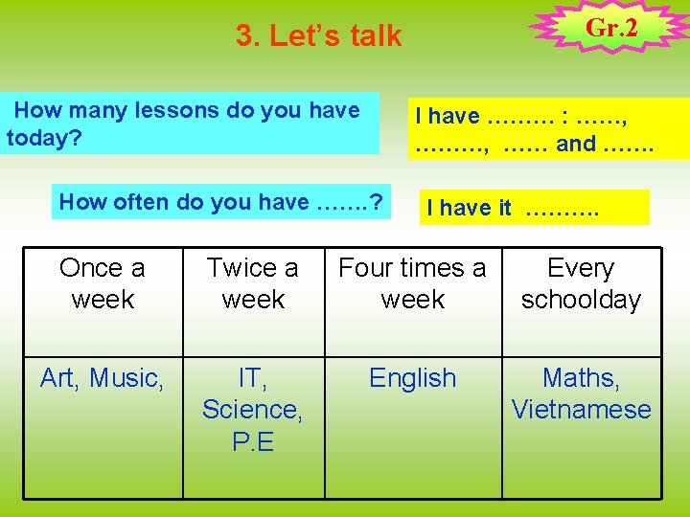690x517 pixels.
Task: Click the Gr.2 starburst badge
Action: (x=610, y=29)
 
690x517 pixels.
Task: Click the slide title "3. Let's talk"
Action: (x=318, y=36)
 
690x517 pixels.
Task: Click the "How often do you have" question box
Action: (x=221, y=202)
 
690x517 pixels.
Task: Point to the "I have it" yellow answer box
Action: (x=533, y=208)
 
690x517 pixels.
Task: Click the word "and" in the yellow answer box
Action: (x=576, y=144)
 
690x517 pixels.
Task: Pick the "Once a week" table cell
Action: (x=103, y=284)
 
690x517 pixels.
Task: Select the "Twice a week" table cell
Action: (x=253, y=284)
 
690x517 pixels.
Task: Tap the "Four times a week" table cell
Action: (x=413, y=284)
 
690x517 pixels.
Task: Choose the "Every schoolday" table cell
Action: (x=581, y=284)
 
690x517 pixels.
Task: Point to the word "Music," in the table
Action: (x=127, y=379)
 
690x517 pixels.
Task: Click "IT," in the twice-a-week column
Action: (x=253, y=379)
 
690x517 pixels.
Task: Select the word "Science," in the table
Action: (x=253, y=410)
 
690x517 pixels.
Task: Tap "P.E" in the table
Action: (x=253, y=441)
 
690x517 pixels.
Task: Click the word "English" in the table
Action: (x=413, y=379)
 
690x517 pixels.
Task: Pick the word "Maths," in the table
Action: (x=581, y=379)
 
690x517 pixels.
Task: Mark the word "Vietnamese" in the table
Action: (x=581, y=410)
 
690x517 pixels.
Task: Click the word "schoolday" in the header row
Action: (x=581, y=300)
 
